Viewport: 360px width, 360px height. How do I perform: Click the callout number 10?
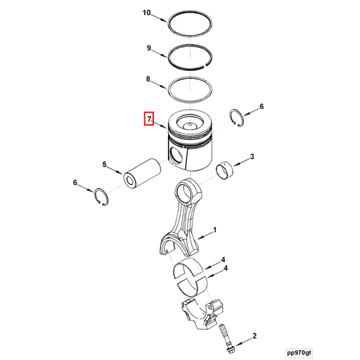146,13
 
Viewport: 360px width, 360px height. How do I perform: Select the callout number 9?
149,48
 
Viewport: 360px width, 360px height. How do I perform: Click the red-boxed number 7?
149,119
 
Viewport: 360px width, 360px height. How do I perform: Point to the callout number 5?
105,165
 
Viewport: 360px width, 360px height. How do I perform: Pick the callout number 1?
214,230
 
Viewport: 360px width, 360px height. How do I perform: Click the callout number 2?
254,337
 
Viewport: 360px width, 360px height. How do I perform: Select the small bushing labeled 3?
226,169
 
